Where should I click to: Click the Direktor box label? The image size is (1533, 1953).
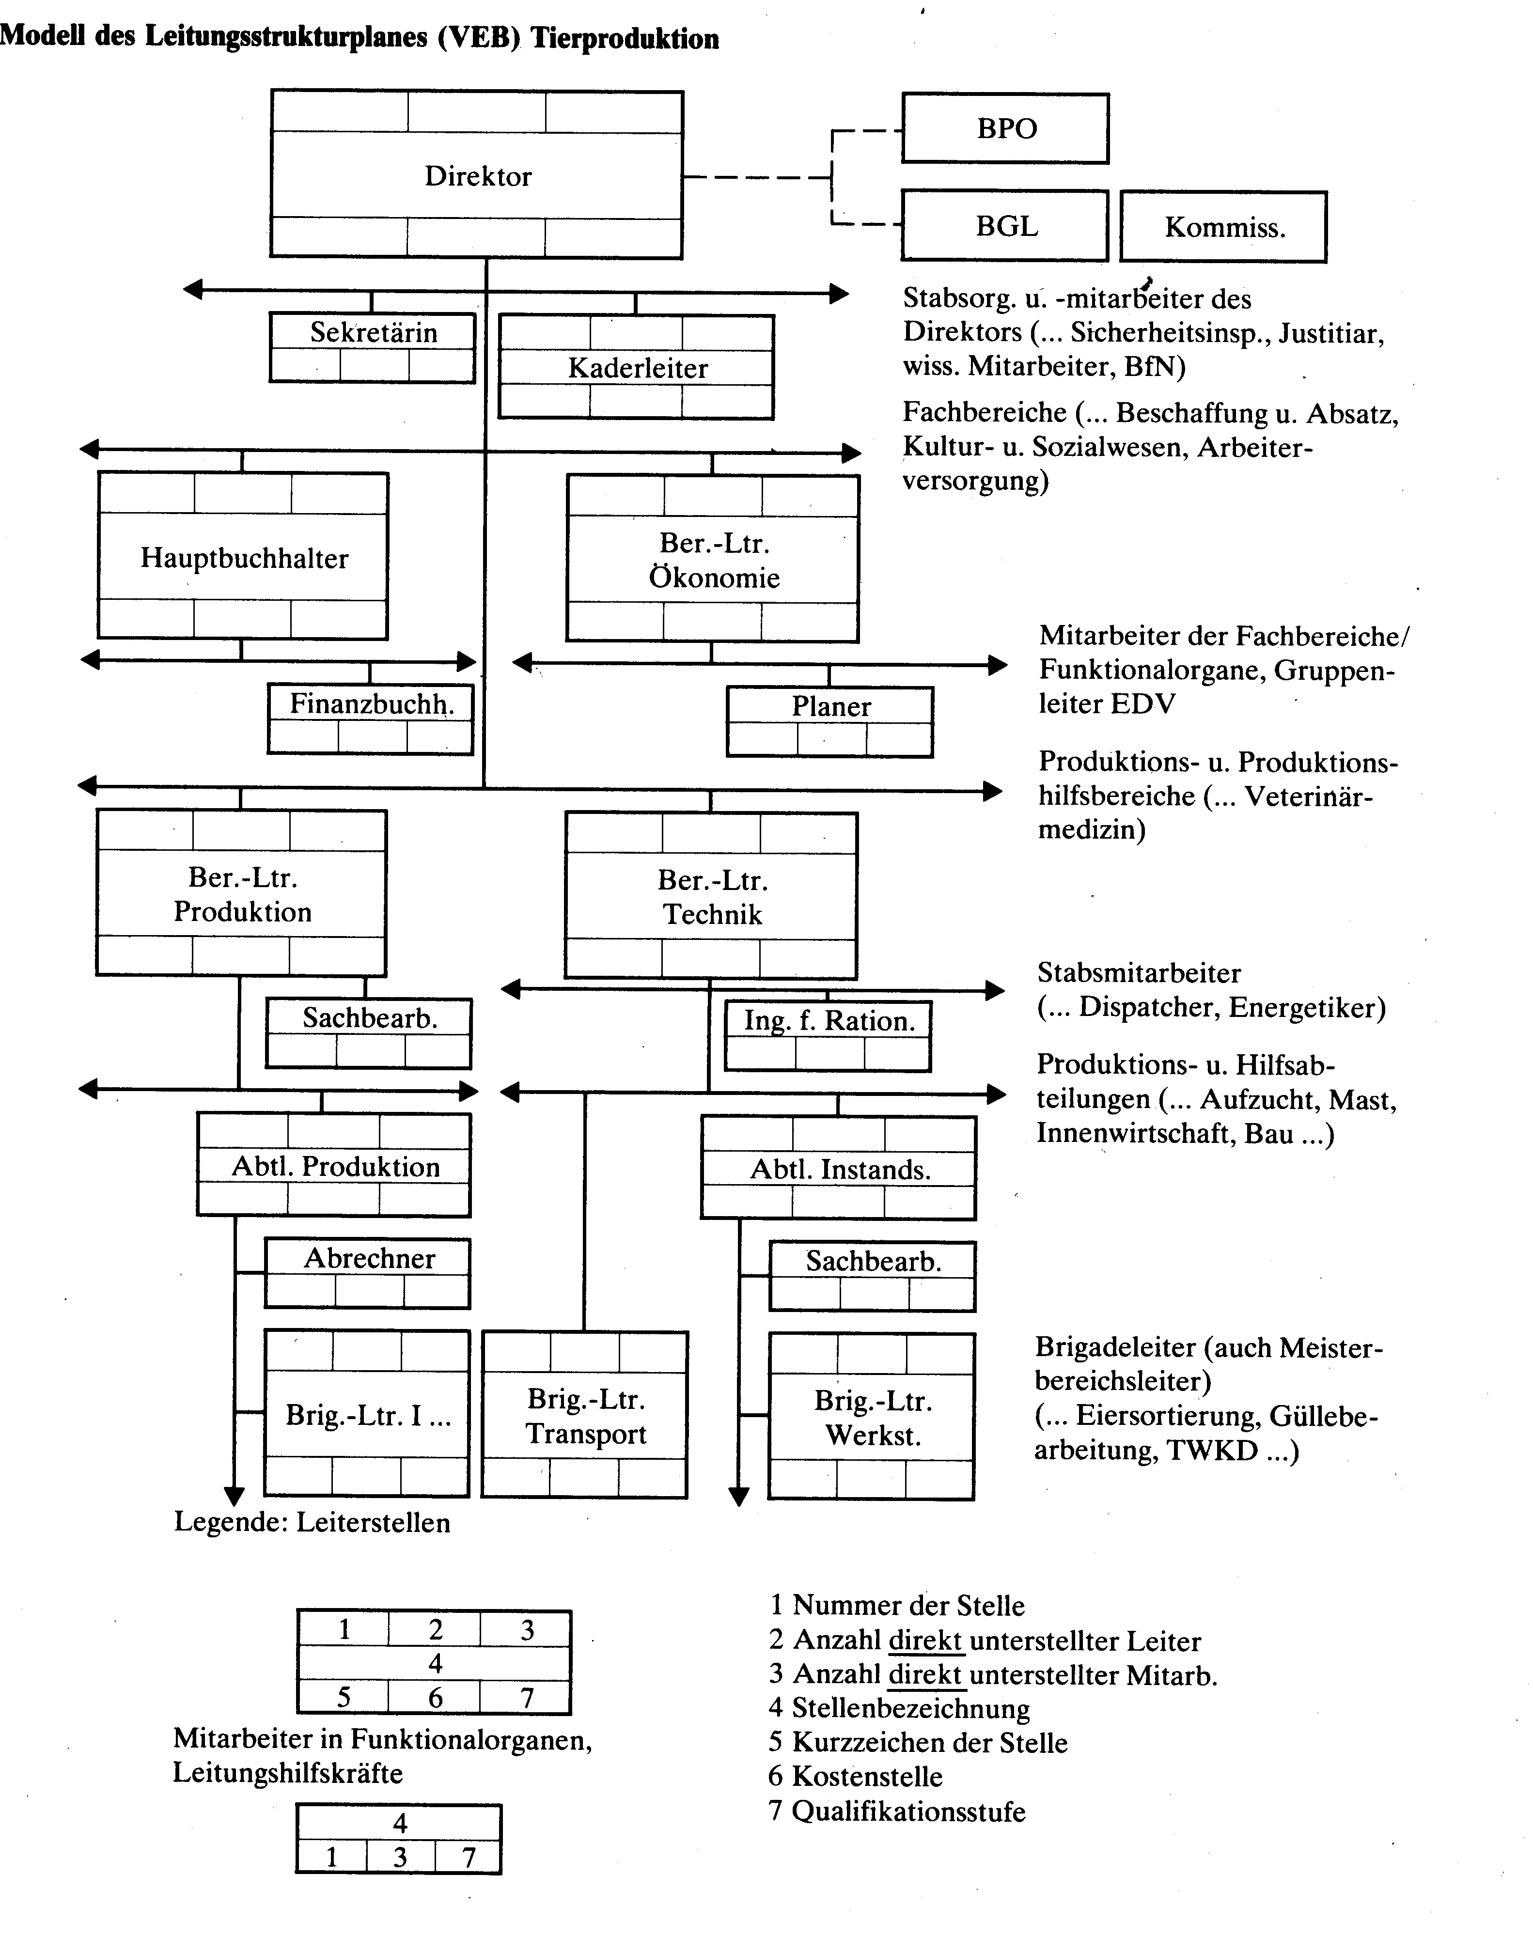(478, 176)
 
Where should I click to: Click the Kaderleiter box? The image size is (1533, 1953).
(636, 367)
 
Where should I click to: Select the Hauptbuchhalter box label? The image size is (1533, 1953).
(244, 558)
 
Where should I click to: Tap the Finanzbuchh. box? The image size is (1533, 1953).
(371, 719)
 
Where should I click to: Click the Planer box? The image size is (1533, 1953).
(830, 721)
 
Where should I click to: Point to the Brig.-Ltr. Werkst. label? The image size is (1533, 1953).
(873, 1418)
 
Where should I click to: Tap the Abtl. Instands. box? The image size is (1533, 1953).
(838, 1168)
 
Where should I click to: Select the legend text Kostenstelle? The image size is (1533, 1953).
(867, 1776)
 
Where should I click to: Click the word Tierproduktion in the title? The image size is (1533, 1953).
(625, 39)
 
